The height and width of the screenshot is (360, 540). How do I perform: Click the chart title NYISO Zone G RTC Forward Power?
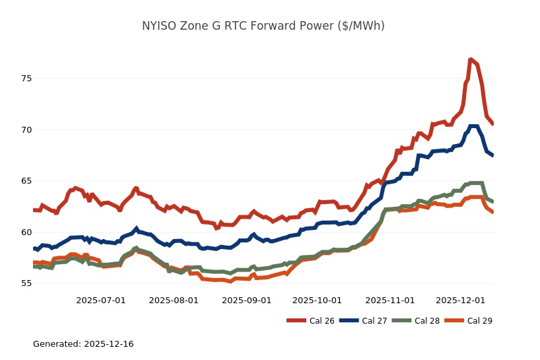click(x=263, y=26)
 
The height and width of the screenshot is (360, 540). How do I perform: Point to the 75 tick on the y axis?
click(x=26, y=79)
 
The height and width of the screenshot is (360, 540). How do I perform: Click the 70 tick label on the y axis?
click(x=26, y=130)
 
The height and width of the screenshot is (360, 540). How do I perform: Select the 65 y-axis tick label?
click(x=26, y=181)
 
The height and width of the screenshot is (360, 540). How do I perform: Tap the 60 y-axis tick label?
click(x=26, y=233)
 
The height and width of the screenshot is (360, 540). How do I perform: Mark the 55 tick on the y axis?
click(x=26, y=283)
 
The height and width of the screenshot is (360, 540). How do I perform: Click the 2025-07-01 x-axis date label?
click(x=101, y=301)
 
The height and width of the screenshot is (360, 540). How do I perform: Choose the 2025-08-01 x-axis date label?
click(x=174, y=301)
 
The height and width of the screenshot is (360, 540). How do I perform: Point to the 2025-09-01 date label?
click(x=246, y=301)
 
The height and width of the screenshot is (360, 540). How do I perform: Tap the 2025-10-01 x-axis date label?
click(x=317, y=301)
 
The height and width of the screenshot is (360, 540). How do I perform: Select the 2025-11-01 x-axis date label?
click(x=389, y=301)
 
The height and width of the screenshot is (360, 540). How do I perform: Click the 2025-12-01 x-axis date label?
click(x=460, y=301)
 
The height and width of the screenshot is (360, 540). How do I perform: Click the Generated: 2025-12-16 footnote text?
click(x=83, y=344)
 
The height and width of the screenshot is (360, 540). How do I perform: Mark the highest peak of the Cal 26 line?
click(x=471, y=59)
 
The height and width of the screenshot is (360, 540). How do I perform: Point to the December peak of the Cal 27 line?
click(x=473, y=126)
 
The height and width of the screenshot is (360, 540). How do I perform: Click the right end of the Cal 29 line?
click(x=492, y=211)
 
